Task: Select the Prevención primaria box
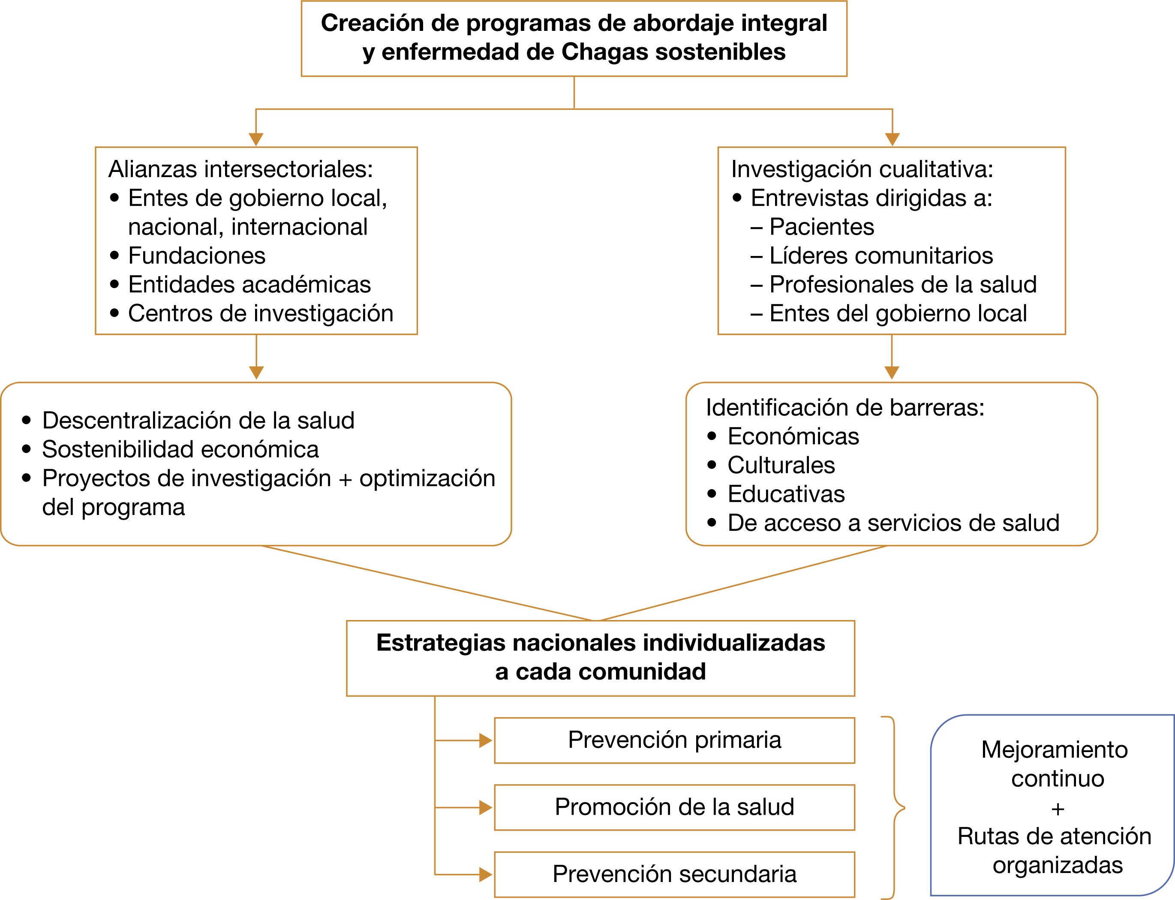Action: point(674,740)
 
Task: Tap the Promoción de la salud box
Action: point(674,807)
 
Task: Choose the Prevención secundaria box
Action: point(674,874)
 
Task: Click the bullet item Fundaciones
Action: point(196,256)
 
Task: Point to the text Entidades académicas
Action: point(249,284)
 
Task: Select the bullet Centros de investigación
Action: point(260,313)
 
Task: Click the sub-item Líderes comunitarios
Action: point(880,256)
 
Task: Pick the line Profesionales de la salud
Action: point(902,284)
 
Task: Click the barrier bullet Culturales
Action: point(781,465)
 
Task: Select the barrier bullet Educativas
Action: point(786,494)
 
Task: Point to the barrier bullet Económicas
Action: point(793,436)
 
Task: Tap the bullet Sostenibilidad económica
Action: point(180,449)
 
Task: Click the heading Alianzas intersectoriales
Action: point(240,169)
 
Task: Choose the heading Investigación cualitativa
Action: point(862,169)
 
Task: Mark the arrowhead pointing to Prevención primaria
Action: point(485,740)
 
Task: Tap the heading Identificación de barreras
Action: point(844,408)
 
